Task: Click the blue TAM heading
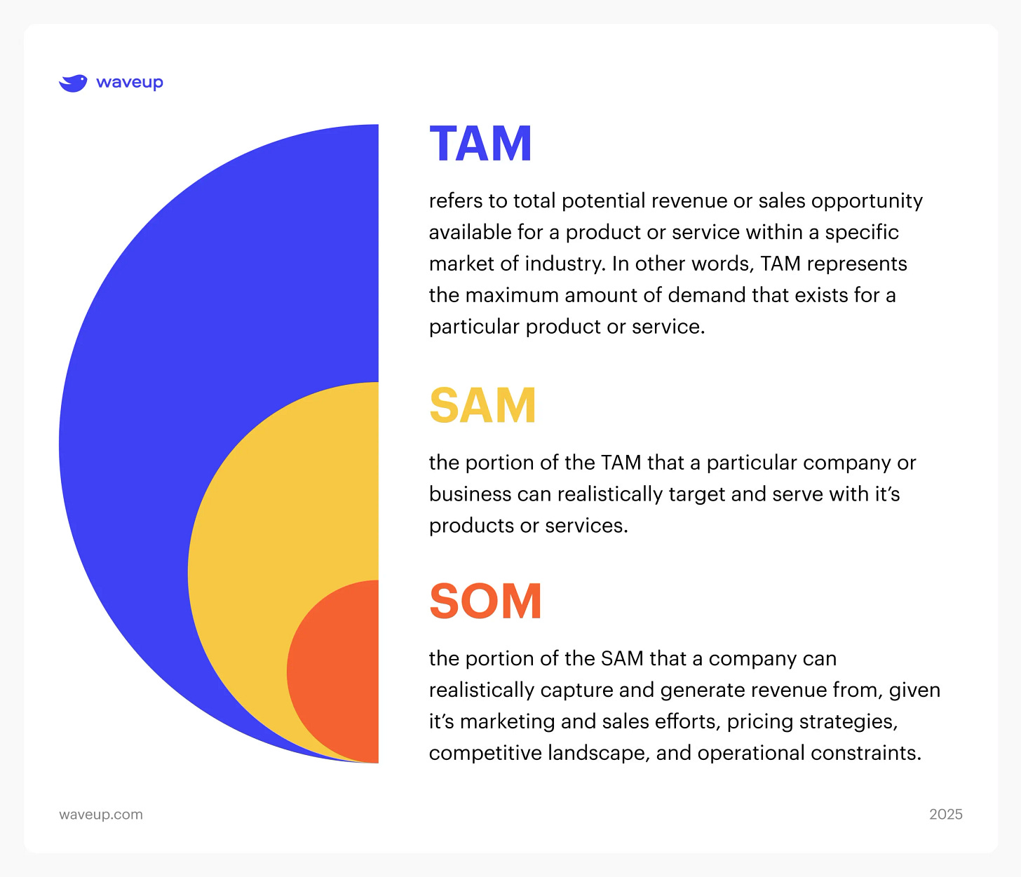point(480,144)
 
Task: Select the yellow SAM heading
point(482,406)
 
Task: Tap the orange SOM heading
point(485,601)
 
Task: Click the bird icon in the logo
point(73,83)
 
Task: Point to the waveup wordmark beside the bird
point(130,83)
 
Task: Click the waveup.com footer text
point(101,815)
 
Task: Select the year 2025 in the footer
point(945,815)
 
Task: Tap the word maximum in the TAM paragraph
point(512,295)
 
